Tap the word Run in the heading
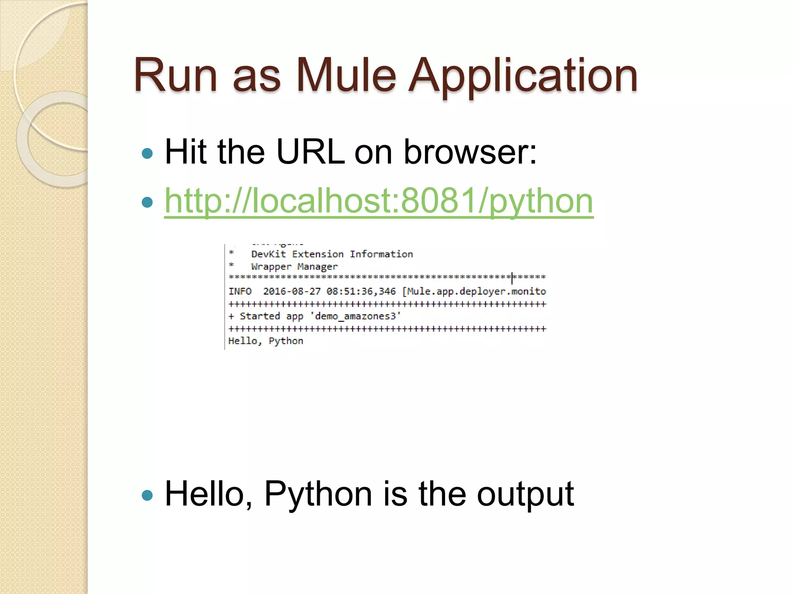pyautogui.click(x=175, y=75)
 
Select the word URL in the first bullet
pyautogui.click(x=310, y=152)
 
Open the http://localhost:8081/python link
pyautogui.click(x=379, y=201)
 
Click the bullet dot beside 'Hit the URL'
pyautogui.click(x=147, y=154)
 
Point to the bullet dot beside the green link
pyautogui.click(x=147, y=202)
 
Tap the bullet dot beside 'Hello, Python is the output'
pyautogui.click(x=147, y=495)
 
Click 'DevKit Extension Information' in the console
pyautogui.click(x=332, y=254)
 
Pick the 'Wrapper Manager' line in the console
pyautogui.click(x=294, y=267)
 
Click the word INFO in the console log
pyautogui.click(x=240, y=291)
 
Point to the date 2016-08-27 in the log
pyautogui.click(x=292, y=291)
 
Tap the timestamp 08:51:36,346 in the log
pyautogui.click(x=361, y=291)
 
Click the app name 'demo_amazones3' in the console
pyautogui.click(x=356, y=316)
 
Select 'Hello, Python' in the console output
pyautogui.click(x=266, y=341)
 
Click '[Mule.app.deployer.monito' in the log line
pyautogui.click(x=474, y=291)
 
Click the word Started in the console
pyautogui.click(x=259, y=316)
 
